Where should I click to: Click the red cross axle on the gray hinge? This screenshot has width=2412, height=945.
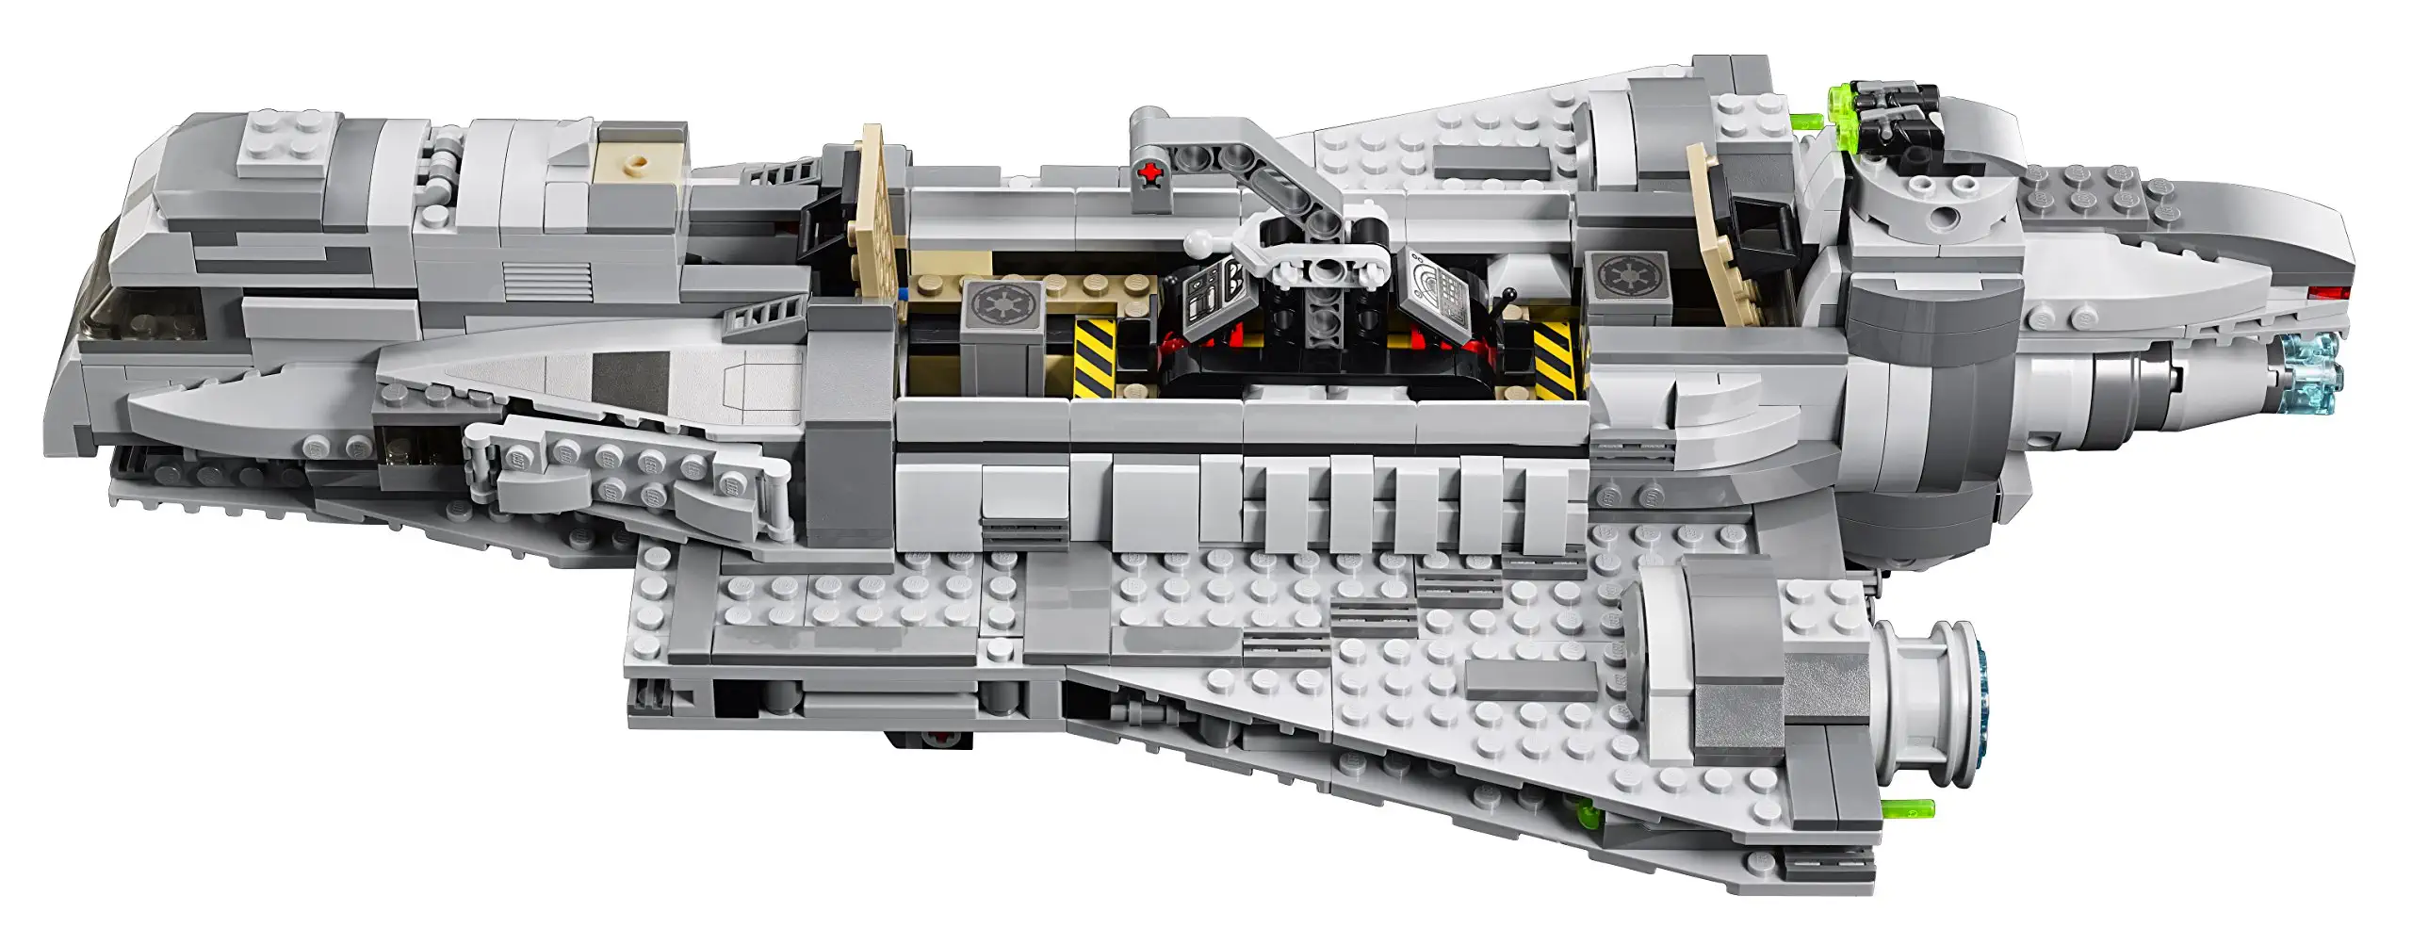point(1149,172)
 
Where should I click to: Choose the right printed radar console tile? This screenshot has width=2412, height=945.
point(1442,301)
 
